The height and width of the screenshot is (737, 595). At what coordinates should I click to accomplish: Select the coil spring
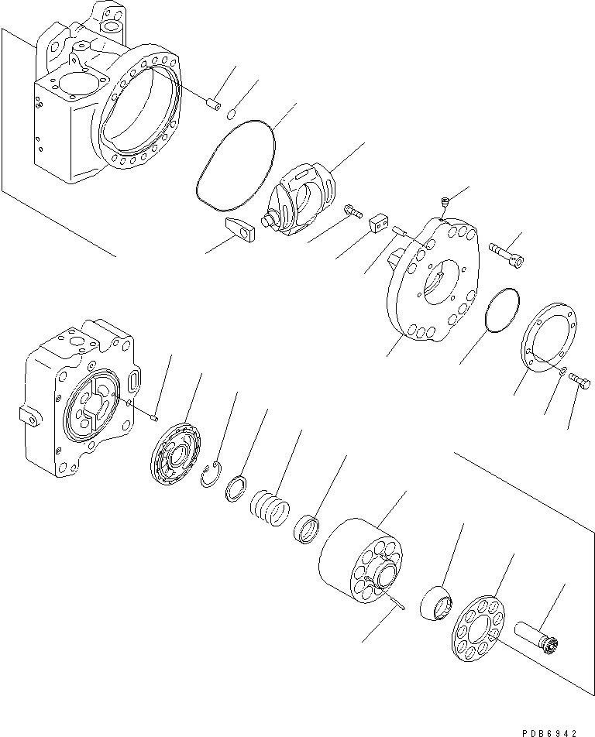(x=270, y=510)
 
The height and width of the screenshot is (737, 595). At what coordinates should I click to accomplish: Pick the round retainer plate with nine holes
(x=478, y=626)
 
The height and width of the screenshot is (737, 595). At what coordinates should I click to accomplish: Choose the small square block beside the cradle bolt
(x=379, y=222)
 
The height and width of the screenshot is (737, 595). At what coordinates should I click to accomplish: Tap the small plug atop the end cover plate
(x=444, y=204)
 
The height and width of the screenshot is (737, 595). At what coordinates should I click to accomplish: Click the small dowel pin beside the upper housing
(x=215, y=103)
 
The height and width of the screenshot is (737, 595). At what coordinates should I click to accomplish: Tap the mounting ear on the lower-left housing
(x=29, y=416)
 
